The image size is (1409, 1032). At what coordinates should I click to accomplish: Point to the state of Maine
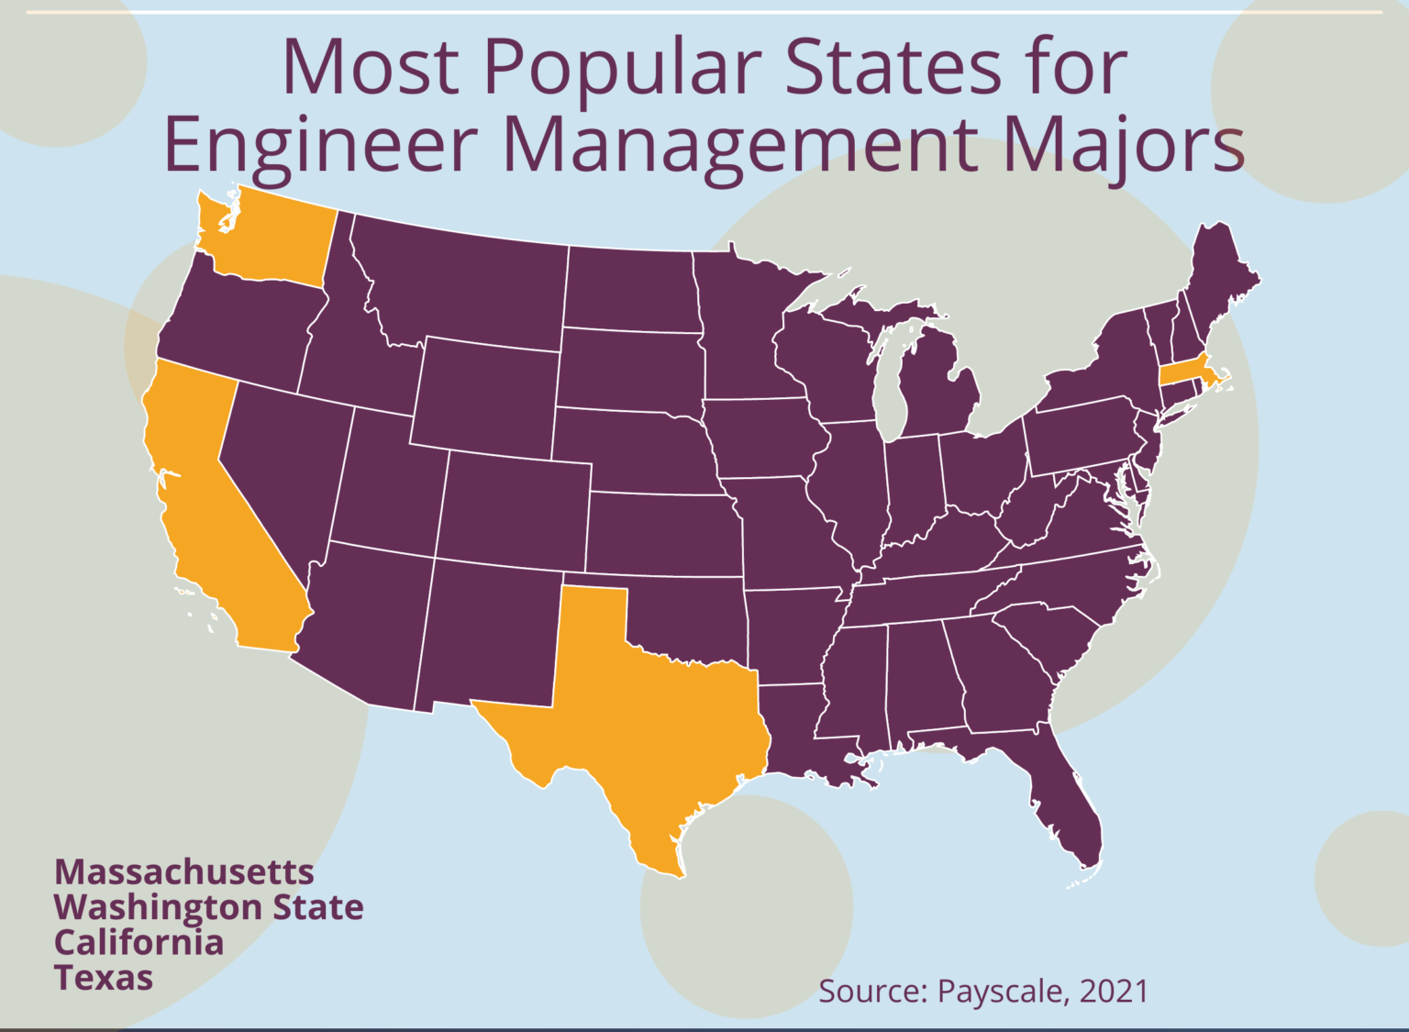click(x=1220, y=275)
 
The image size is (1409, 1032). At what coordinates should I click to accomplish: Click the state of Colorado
click(x=514, y=509)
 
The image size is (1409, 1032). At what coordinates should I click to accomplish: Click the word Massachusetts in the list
click(x=183, y=871)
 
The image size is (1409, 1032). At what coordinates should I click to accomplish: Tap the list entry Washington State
click(x=208, y=907)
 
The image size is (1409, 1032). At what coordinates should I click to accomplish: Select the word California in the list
click(x=139, y=942)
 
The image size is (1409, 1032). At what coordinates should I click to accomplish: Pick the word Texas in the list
click(x=104, y=978)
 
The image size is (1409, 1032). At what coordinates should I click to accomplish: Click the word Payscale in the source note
click(x=1003, y=992)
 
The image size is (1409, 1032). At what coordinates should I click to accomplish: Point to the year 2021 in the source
click(x=1114, y=992)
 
